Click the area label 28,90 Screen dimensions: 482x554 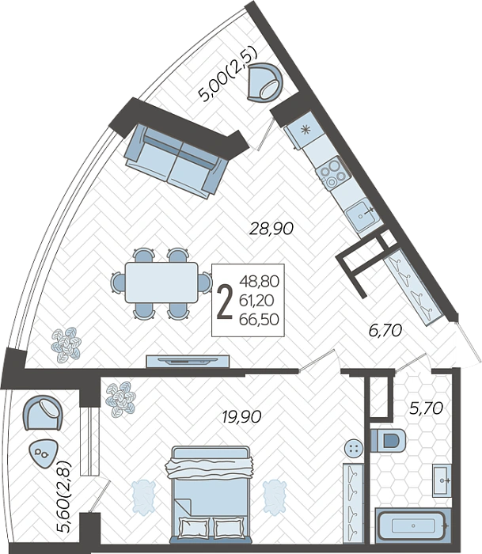tap(271, 229)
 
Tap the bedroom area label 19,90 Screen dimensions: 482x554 tap(241, 417)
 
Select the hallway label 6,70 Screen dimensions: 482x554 tap(385, 331)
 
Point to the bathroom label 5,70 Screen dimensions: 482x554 tap(426, 408)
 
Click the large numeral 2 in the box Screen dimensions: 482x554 tap(225, 302)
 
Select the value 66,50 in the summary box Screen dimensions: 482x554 tap(259, 320)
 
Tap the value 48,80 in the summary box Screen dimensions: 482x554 tap(260, 282)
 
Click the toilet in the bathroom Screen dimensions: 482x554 tap(388, 440)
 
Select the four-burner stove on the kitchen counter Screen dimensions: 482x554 tap(333, 172)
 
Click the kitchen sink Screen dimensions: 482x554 tap(363, 214)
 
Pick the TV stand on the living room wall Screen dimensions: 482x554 tap(188, 361)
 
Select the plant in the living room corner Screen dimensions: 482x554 tap(66, 345)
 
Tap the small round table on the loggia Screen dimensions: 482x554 tap(43, 454)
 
